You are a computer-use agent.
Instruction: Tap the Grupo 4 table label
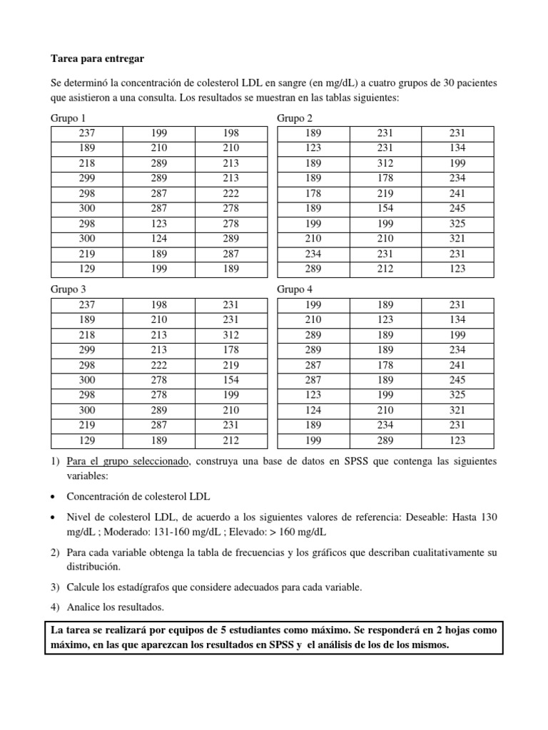[x=294, y=289]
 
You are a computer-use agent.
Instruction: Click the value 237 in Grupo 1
[x=86, y=133]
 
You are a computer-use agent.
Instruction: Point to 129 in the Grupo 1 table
[x=86, y=269]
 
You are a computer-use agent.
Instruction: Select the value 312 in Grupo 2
[x=385, y=163]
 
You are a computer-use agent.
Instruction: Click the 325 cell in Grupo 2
[x=457, y=224]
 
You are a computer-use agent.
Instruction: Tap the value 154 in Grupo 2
[x=385, y=208]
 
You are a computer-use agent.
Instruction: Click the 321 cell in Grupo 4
[x=457, y=411]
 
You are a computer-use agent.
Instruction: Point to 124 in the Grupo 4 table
[x=313, y=411]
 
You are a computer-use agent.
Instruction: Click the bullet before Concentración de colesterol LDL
[x=54, y=496]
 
